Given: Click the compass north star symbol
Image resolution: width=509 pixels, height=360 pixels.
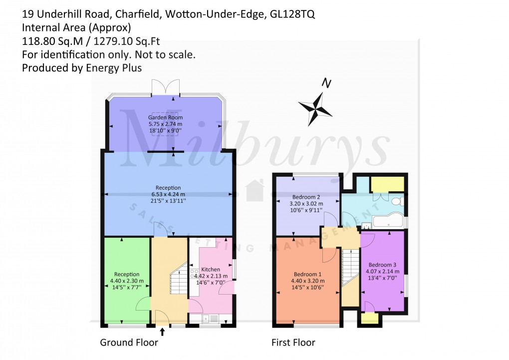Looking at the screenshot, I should coord(315,107).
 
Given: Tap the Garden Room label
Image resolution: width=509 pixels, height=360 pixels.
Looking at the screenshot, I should coord(165,118).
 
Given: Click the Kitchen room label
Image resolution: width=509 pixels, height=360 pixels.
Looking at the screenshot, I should coord(210,270).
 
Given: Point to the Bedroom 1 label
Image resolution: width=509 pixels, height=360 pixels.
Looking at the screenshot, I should coord(307,274).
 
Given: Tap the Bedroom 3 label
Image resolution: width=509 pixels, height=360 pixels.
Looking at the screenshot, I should coord(382,265).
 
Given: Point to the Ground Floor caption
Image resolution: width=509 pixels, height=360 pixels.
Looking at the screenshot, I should coord(129,343).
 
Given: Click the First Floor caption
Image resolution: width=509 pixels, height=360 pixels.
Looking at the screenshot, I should coord(293,343).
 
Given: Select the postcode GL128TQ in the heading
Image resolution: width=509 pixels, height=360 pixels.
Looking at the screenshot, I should coord(292,15).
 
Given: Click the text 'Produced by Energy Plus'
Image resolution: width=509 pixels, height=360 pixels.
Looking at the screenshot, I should coord(82,68).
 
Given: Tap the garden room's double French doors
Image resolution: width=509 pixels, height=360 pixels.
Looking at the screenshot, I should coord(166,88).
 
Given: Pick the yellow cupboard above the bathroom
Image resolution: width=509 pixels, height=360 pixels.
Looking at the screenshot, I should coord(387,184).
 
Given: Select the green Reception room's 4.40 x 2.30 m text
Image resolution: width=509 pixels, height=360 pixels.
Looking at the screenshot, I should coord(127,281).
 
